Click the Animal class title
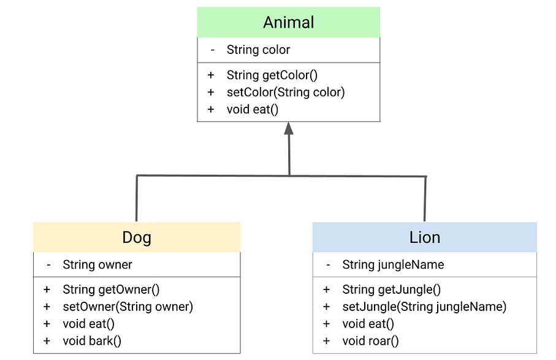tap(288, 23)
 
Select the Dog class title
tap(137, 237)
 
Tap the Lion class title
tap(424, 237)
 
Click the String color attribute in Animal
tap(258, 50)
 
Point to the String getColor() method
tap(272, 75)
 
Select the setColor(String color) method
tap(285, 92)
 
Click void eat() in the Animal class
tap(253, 109)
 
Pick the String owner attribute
tap(97, 265)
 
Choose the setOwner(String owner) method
tap(128, 307)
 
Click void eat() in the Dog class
tap(89, 324)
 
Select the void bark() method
tap(92, 341)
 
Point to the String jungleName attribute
tap(393, 265)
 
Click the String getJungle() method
tap(391, 289)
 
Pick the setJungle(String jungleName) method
tap(424, 307)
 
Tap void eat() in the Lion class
tap(368, 324)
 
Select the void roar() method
tap(370, 341)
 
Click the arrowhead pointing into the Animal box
tap(289, 128)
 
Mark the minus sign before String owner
tap(48, 265)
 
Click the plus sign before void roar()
tap(327, 341)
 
